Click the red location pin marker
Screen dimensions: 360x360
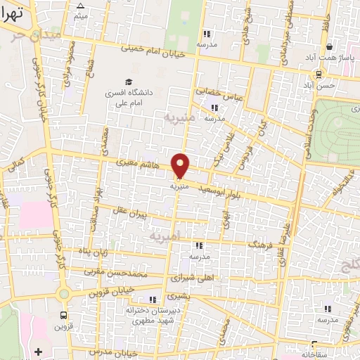181,165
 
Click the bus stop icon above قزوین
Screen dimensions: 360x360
64,316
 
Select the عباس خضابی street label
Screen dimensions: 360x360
219,94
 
